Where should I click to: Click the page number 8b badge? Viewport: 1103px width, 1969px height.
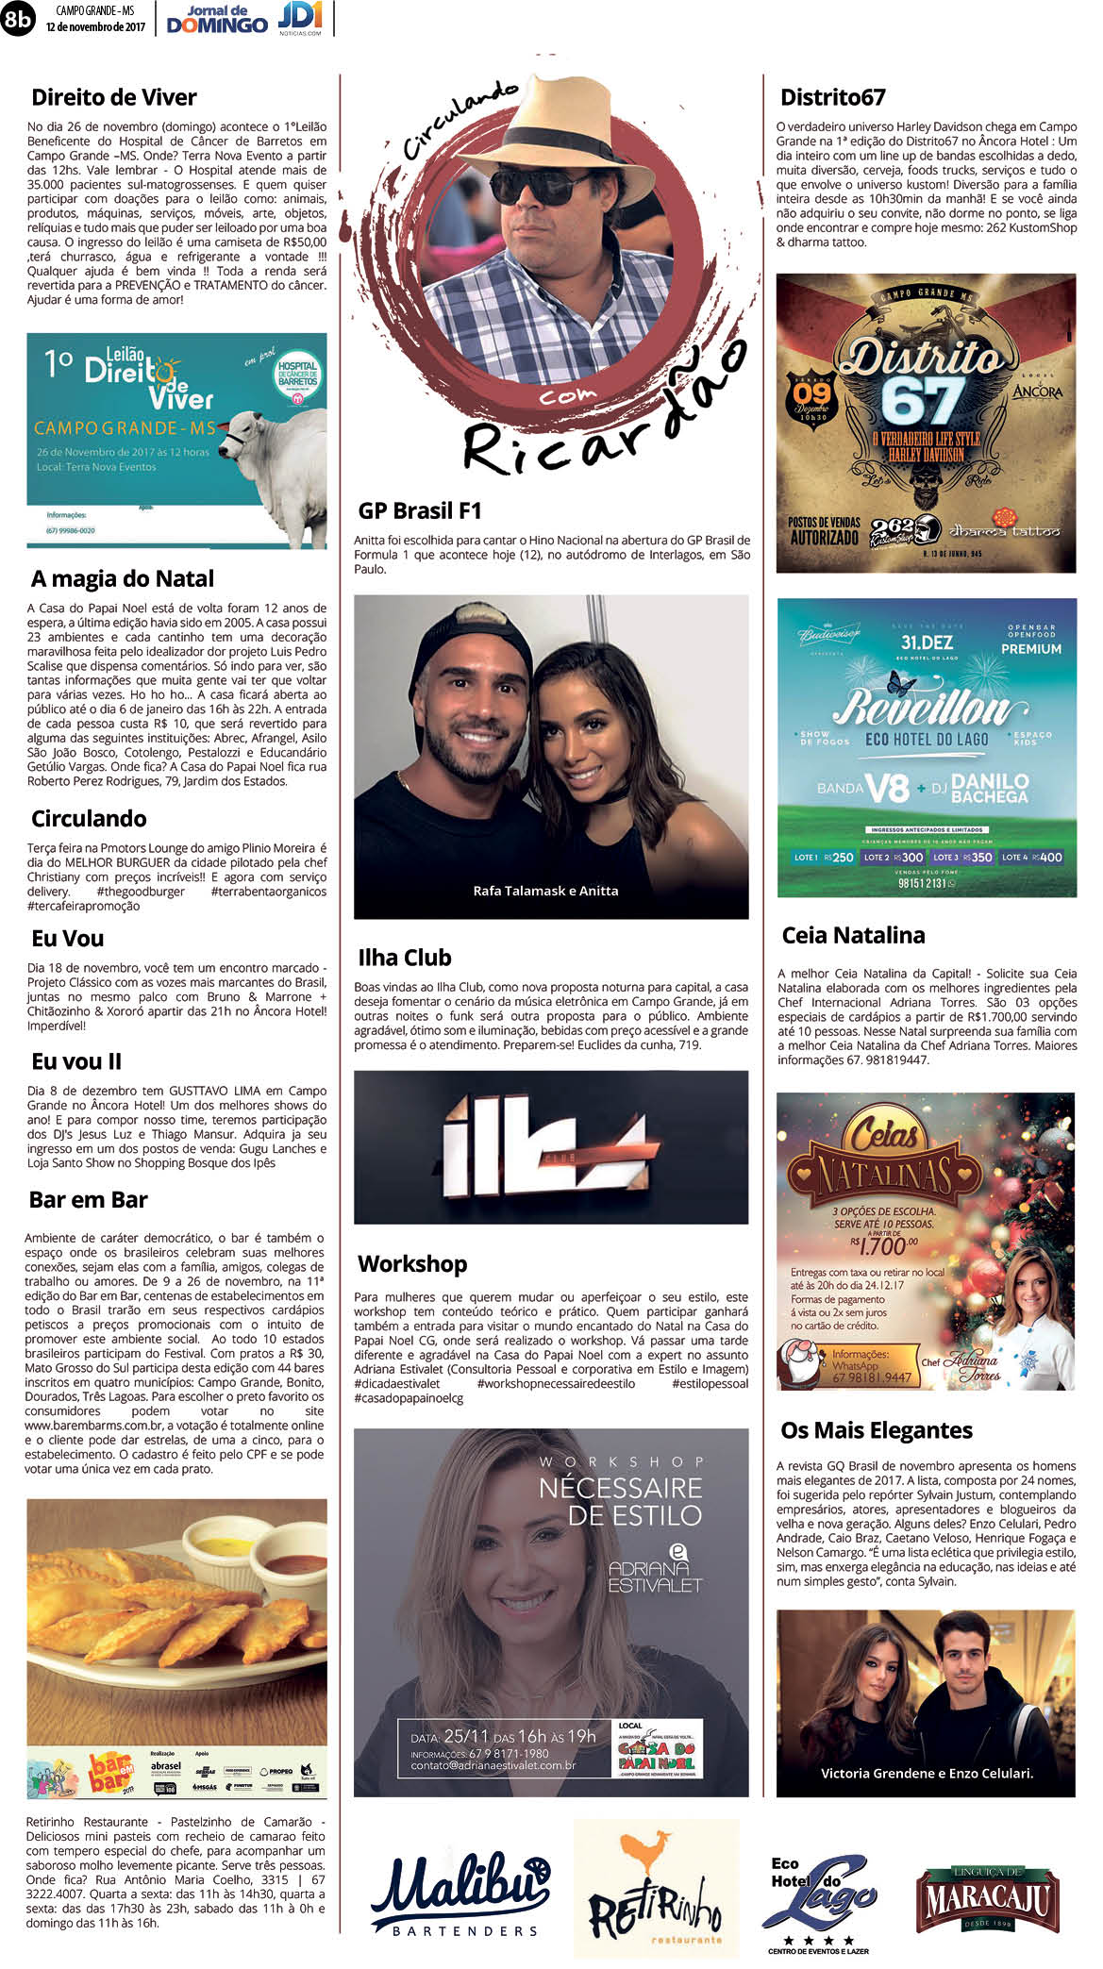18,18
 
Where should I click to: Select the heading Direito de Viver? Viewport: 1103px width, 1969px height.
114,97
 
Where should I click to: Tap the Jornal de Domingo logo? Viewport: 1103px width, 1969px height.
217,19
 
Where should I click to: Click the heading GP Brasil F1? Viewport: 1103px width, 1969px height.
420,510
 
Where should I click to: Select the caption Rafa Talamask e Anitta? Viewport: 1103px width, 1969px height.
545,891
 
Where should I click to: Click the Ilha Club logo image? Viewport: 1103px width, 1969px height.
550,1146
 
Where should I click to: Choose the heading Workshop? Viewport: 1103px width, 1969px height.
412,1263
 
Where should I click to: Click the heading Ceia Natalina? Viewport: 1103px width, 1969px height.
853,935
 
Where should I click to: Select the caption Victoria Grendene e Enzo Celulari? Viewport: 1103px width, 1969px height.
927,1773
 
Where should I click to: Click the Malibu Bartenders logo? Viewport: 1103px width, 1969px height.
460,1894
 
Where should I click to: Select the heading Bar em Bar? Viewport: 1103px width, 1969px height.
89,1199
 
